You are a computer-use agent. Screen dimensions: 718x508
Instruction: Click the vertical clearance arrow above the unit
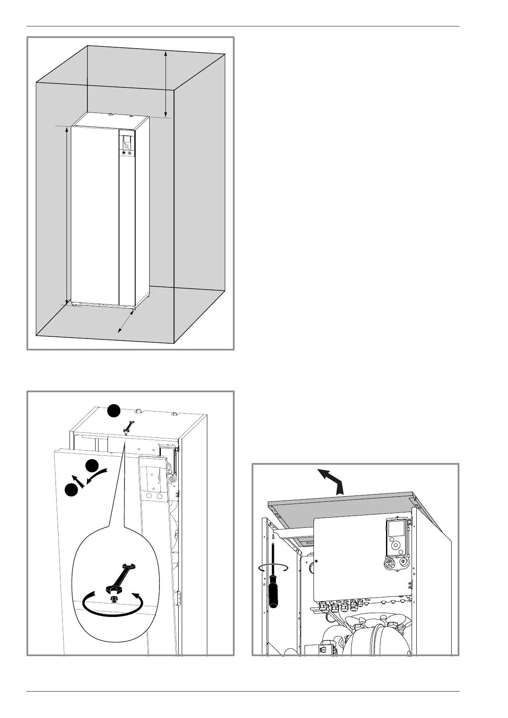[165, 84]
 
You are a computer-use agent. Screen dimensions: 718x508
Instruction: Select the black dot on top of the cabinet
[113, 411]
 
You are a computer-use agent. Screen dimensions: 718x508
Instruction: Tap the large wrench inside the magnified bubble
[121, 577]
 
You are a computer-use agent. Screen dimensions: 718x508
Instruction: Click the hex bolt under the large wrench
[113, 599]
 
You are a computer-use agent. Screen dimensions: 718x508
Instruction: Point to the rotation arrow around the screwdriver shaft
[273, 567]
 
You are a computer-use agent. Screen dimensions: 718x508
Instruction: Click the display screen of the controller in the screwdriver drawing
[394, 529]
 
